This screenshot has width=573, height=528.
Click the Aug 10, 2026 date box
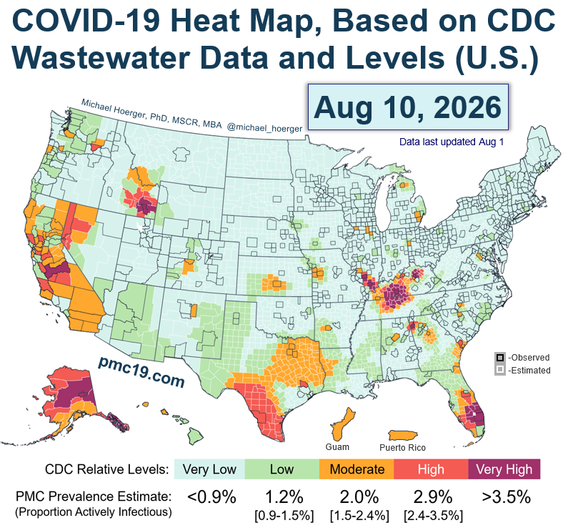pos(408,107)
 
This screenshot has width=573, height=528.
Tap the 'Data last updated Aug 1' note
pos(452,142)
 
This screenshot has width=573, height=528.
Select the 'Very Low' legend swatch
pos(209,469)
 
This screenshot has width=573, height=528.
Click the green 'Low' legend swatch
pos(281,469)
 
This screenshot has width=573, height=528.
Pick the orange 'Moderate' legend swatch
pos(357,469)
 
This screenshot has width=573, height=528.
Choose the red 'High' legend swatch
pos(431,469)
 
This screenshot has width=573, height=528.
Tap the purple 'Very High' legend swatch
pos(504,469)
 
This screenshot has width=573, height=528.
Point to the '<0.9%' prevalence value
pos(211,497)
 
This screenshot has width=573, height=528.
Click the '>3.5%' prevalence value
pos(506,497)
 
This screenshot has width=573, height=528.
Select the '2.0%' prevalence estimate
pos(359,497)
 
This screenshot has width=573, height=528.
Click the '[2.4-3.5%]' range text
pos(434,516)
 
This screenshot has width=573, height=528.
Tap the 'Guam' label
pos(337,447)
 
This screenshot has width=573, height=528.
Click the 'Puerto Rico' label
pos(402,448)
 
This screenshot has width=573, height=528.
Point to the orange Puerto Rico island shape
pos(403,436)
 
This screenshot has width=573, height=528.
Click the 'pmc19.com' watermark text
pos(141,372)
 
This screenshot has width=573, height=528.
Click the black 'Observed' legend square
pos(499,358)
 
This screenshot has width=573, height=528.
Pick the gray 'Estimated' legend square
pos(499,370)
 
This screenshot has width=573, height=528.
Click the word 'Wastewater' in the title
pos(101,58)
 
